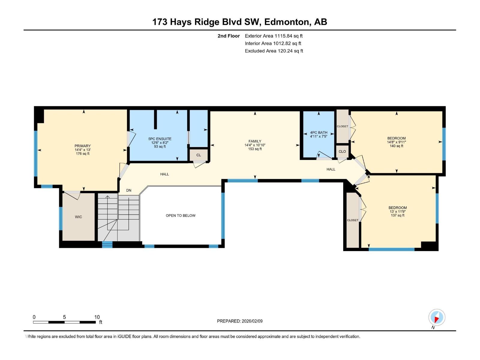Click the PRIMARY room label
pos(82,146)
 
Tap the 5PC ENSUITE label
pos(160,139)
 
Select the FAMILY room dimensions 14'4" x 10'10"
pos(255,145)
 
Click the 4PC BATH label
pos(319,133)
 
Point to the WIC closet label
pos(78,217)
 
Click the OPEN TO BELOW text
pos(181,215)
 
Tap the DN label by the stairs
pos(129,190)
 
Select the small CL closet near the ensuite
pos(199,155)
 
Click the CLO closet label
pos(342,151)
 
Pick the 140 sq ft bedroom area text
pos(396,146)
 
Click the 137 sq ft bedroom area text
pos(397,215)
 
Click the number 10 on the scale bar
pos(97,317)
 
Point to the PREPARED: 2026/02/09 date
pos(240,321)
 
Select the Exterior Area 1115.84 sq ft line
pos(274,36)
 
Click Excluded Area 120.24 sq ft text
pos(274,51)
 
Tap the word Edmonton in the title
pos(287,22)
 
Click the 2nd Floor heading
pos(229,36)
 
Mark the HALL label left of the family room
pos(164,174)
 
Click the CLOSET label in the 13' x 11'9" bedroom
pos(352,220)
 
